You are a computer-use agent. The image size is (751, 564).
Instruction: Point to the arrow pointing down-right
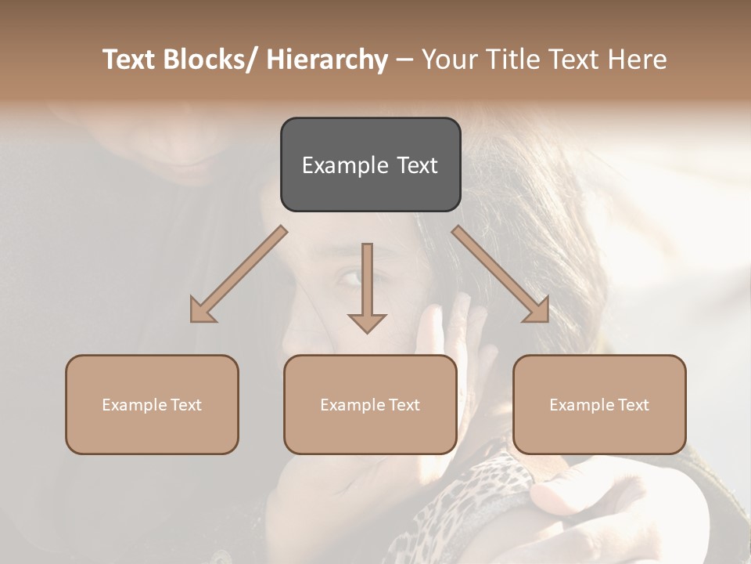[x=501, y=275]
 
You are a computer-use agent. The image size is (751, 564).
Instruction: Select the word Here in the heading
[x=638, y=60]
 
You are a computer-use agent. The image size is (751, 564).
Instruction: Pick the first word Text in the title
[x=129, y=60]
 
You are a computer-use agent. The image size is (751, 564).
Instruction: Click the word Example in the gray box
[x=344, y=165]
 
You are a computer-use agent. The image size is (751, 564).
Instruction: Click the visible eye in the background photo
[x=350, y=277]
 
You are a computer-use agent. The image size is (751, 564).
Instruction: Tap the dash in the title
[x=404, y=60]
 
